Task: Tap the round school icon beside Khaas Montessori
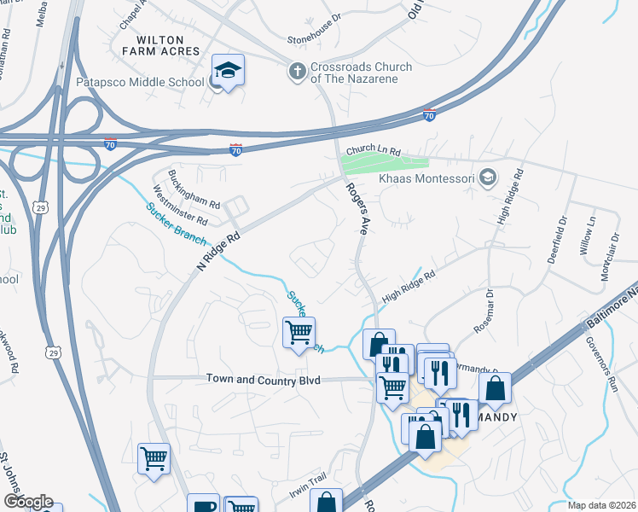tap(488, 177)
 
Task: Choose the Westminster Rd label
tap(173, 211)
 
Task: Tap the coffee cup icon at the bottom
tap(203, 504)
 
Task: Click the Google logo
tap(28, 502)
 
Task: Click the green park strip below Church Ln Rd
tap(384, 163)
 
